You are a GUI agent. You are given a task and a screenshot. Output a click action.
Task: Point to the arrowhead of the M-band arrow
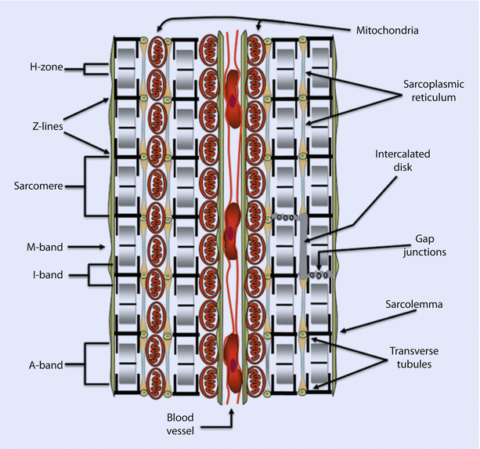106,247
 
